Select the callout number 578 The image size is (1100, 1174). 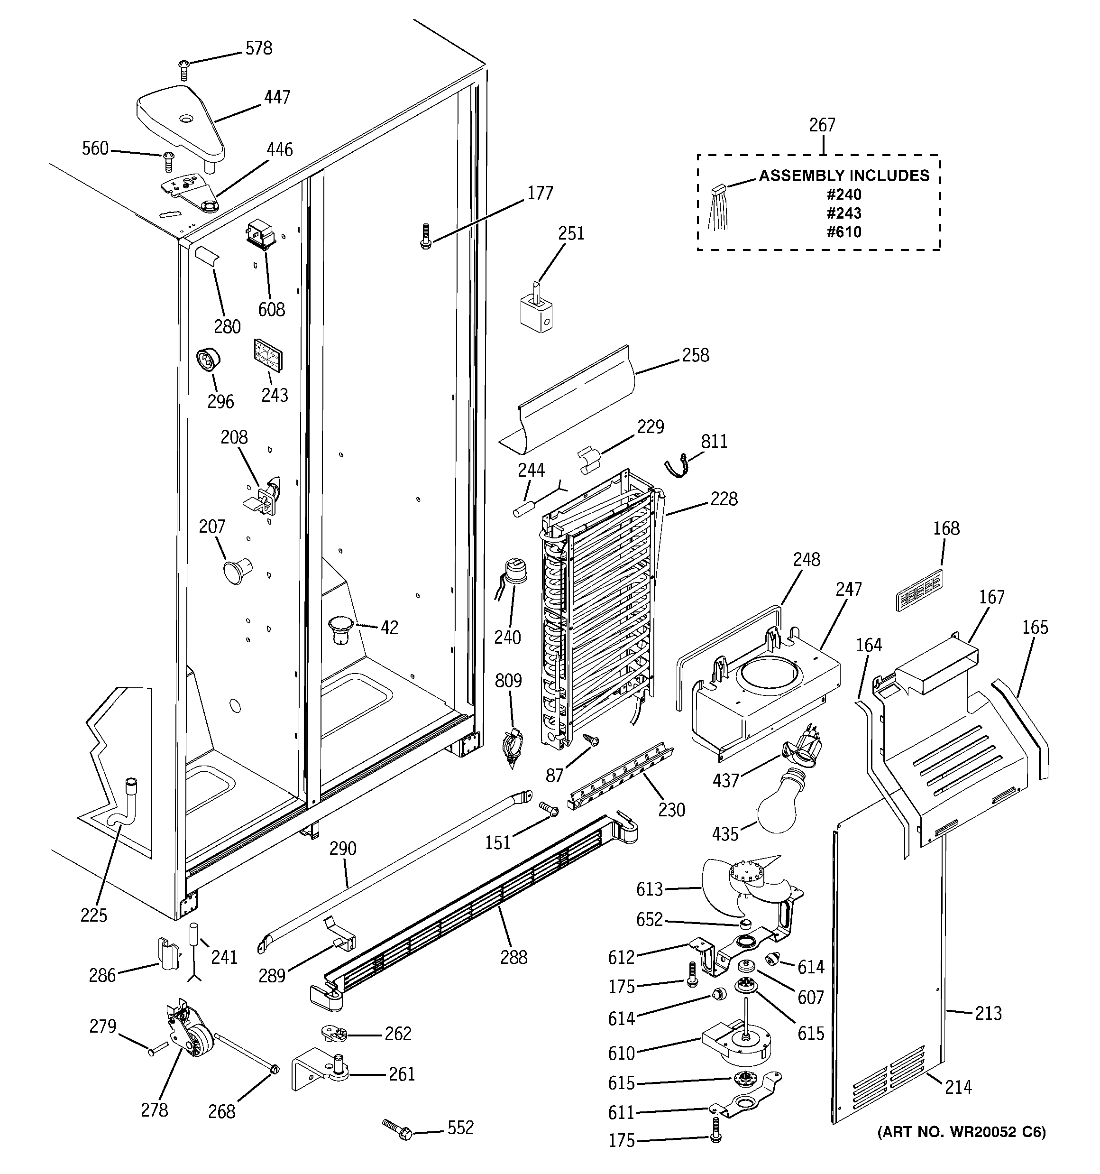pos(258,48)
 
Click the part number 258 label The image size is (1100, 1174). pos(695,355)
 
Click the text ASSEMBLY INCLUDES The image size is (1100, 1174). pos(844,176)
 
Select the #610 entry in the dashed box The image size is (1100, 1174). pos(844,232)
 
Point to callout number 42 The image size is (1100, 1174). pos(389,627)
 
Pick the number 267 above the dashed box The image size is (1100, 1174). pos(822,125)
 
